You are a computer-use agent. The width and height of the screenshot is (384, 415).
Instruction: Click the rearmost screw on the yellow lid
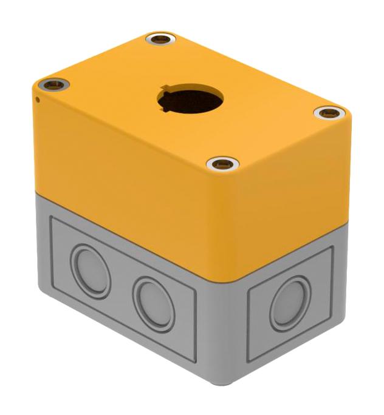click(x=161, y=40)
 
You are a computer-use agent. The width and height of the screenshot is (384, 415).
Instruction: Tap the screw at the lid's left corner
click(x=54, y=84)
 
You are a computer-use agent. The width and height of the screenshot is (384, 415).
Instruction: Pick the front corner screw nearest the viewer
click(x=222, y=163)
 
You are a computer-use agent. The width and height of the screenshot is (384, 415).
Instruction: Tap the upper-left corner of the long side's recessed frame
click(x=51, y=220)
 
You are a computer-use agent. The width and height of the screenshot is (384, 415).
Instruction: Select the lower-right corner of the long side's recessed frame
click(x=196, y=362)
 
